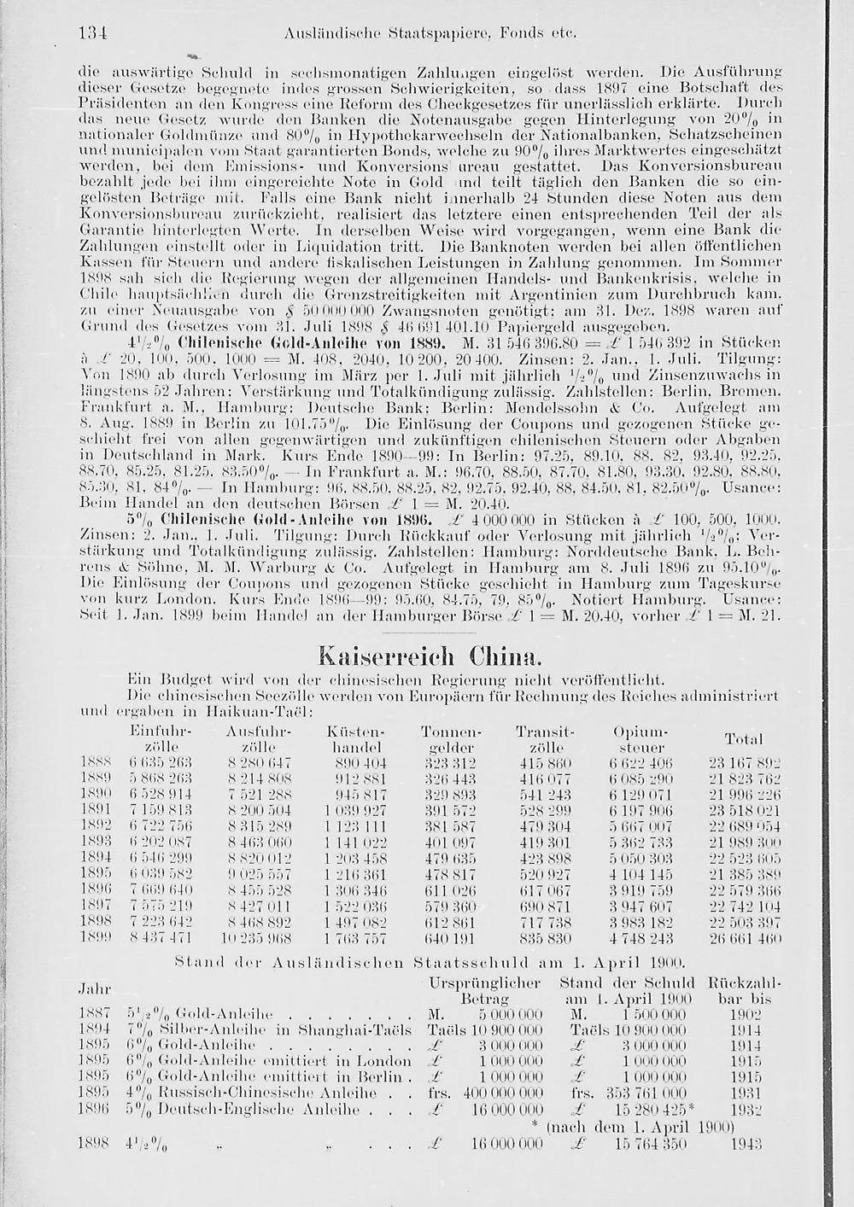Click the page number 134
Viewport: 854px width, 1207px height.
pyautogui.click(x=91, y=35)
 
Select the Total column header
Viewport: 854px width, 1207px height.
pyautogui.click(x=742, y=738)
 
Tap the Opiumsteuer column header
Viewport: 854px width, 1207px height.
pyautogui.click(x=639, y=739)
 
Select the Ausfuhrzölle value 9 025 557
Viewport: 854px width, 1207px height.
pyautogui.click(x=260, y=875)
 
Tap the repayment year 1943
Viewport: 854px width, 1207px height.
pyautogui.click(x=746, y=1143)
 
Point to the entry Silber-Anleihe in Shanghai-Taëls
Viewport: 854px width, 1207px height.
pyautogui.click(x=265, y=1029)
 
